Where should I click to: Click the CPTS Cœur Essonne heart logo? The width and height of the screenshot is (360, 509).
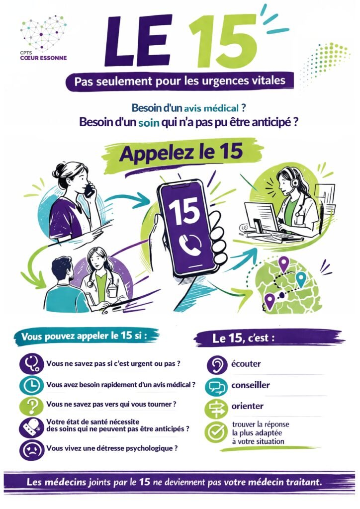click(43, 33)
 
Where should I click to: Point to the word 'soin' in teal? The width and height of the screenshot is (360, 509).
click(149, 123)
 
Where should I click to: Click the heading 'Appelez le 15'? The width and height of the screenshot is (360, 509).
click(181, 152)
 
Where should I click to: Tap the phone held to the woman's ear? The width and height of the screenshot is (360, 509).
click(89, 191)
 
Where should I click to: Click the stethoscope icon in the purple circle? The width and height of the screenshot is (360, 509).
click(31, 363)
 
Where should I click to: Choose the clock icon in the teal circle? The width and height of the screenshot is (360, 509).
click(31, 385)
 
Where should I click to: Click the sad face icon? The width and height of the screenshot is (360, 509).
click(31, 449)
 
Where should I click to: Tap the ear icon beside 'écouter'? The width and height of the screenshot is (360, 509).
click(217, 364)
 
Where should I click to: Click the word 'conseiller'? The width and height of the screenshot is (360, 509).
click(250, 385)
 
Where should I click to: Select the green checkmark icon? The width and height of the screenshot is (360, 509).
click(216, 432)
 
